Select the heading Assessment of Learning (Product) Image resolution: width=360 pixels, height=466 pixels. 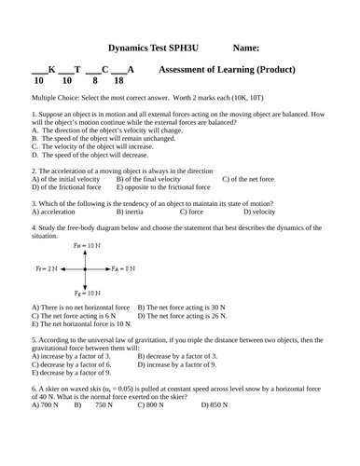(228, 69)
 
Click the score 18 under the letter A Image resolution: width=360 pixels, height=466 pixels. (118, 81)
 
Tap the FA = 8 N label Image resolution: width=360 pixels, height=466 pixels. (123, 268)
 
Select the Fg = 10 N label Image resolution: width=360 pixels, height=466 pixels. (86, 292)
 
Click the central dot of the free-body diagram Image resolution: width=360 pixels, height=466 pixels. (86, 268)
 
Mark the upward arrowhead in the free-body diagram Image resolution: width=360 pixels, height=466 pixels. (86, 253)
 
